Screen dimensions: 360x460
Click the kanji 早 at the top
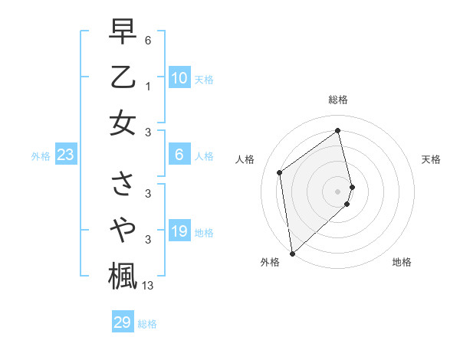point(123,32)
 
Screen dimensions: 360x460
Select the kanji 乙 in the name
point(123,77)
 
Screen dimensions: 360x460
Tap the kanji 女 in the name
point(123,123)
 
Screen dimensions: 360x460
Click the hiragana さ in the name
point(123,184)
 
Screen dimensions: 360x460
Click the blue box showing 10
point(179,78)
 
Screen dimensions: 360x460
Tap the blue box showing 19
point(179,231)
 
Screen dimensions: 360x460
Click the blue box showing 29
point(123,322)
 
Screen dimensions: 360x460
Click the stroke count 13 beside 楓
point(148,286)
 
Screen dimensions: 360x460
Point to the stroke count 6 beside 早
point(147,39)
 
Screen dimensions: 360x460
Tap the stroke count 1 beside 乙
point(147,87)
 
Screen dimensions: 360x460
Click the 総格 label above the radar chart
point(338,100)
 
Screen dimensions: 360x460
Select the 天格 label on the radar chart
point(431,159)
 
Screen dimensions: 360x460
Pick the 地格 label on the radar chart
point(402,262)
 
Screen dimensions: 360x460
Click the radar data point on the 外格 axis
point(292,253)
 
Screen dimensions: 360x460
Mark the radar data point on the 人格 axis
point(280,172)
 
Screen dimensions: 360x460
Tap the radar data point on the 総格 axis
point(338,130)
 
